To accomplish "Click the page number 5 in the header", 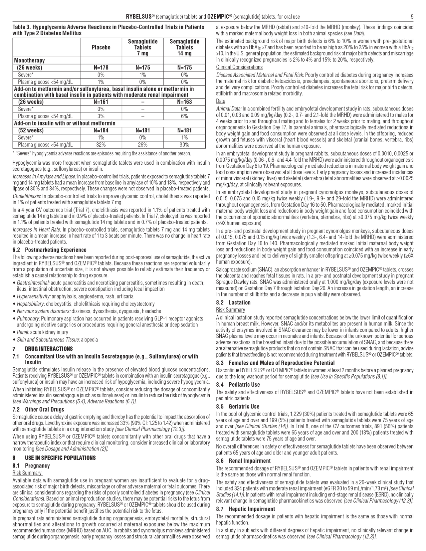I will (412, 17).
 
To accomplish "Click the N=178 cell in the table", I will (101, 68).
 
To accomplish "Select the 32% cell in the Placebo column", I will (101, 145).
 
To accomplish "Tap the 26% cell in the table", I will (143, 145).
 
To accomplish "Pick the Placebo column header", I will (101, 48).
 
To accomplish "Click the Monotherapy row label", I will (29, 61).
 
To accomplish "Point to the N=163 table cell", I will (184, 102).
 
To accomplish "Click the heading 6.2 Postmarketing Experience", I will (49, 250).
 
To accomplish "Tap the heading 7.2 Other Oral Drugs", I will (38, 410).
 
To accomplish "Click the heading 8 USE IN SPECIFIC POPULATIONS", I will (54, 458).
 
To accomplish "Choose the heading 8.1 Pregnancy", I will (31, 466).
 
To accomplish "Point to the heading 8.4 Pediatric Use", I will (238, 385).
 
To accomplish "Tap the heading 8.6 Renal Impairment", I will (243, 461).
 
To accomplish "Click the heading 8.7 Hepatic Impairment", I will (245, 509).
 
